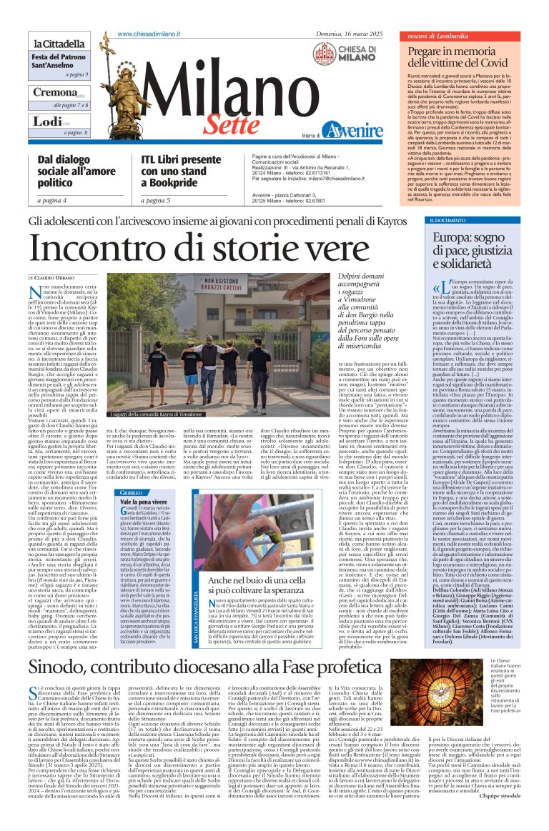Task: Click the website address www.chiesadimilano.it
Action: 148,34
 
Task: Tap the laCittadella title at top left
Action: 60,44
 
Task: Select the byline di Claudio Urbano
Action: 51,277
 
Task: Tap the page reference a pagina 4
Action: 54,200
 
